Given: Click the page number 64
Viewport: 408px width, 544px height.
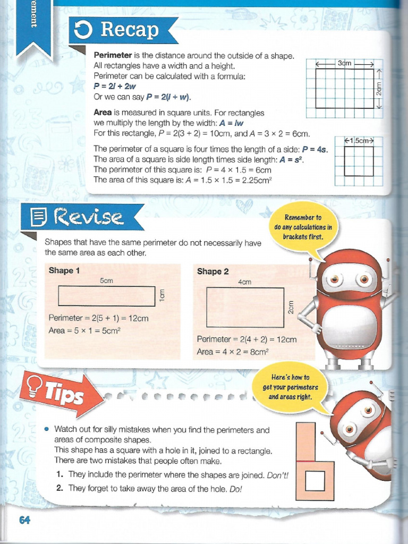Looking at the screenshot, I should click(x=24, y=520).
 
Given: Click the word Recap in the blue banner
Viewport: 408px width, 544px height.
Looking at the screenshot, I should click(x=130, y=30).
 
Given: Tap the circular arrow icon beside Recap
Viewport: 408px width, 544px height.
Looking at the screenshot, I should click(x=84, y=31).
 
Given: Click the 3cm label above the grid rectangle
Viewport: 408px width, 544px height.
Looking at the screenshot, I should click(x=345, y=63).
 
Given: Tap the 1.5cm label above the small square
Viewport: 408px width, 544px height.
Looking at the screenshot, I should click(x=360, y=141).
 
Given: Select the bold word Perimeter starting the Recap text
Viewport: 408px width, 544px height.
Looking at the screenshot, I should click(x=113, y=56).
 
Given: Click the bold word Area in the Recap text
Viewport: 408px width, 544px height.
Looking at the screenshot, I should click(x=103, y=113).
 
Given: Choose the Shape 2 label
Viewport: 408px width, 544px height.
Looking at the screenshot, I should click(x=212, y=271).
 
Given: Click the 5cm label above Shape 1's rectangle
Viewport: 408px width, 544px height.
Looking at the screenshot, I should click(x=106, y=280).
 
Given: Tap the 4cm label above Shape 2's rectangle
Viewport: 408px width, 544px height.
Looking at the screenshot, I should click(x=245, y=282).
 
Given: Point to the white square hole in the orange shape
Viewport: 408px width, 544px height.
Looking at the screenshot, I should click(x=315, y=482).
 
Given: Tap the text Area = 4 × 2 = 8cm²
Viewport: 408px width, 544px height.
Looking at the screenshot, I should click(x=233, y=352).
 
